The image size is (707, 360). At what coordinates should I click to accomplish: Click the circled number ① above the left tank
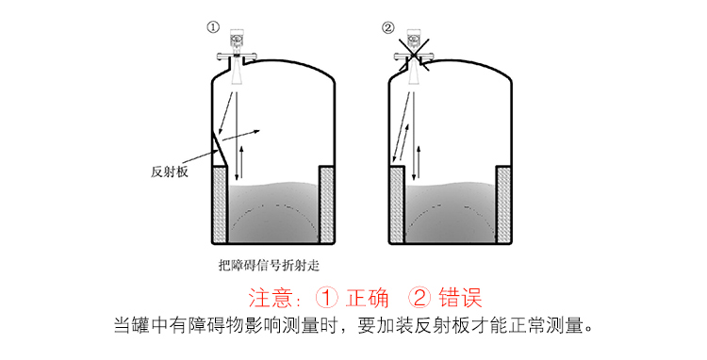pyautogui.click(x=213, y=28)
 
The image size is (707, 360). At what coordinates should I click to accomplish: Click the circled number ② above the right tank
pyautogui.click(x=387, y=28)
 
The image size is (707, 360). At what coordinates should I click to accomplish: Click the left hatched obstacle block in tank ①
pyautogui.click(x=217, y=202)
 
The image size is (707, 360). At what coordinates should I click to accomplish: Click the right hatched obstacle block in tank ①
pyautogui.click(x=327, y=202)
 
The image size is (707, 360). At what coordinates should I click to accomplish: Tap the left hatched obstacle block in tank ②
pyautogui.click(x=397, y=202)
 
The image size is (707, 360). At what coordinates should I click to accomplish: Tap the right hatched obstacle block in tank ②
pyautogui.click(x=505, y=202)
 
